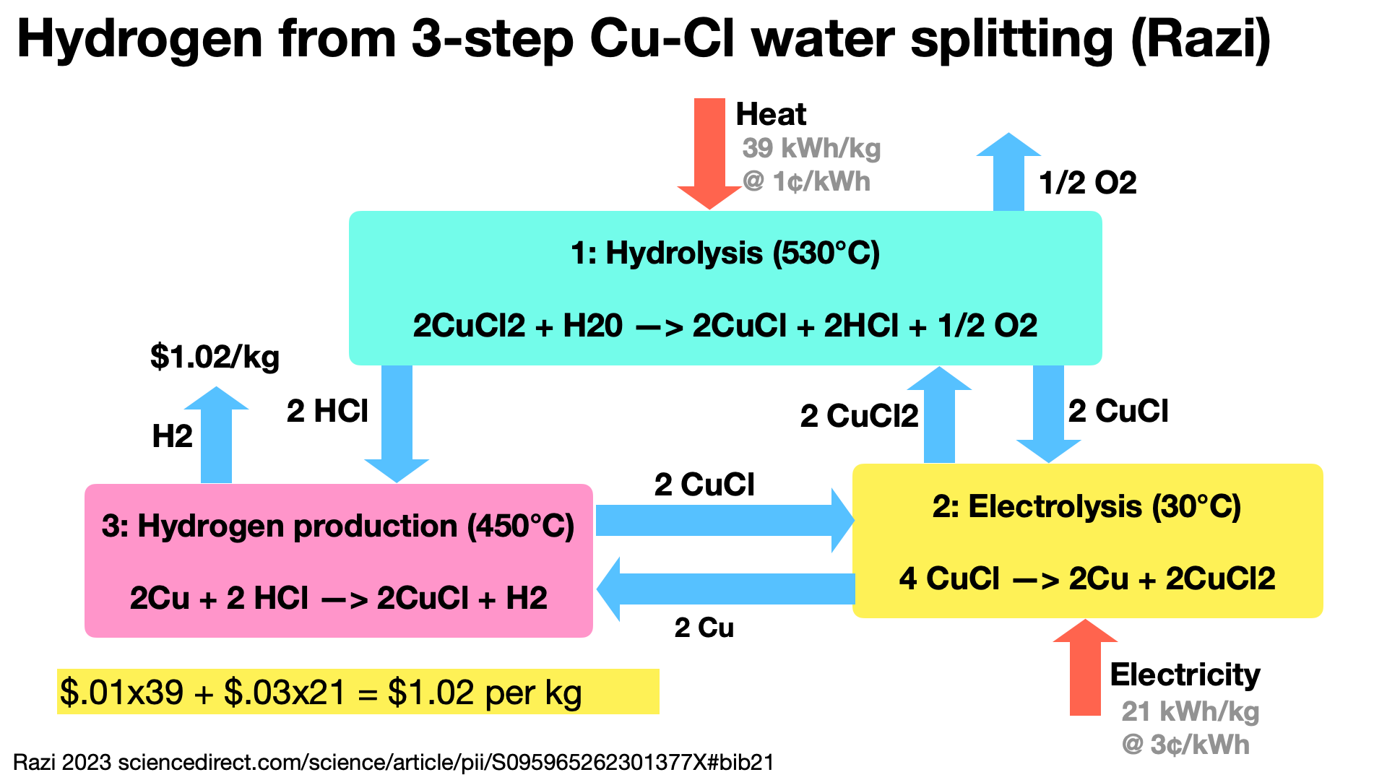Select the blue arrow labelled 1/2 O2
tap(1008, 173)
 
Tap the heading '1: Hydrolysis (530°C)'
tap(725, 253)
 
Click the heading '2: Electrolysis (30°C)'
tap(1086, 506)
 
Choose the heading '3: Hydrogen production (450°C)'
tap(338, 526)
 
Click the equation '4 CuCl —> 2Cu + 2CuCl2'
tap(1086, 578)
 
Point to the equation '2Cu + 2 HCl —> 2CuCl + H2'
tap(338, 598)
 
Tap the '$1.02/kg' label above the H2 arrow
tap(215, 357)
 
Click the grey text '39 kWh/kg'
tap(811, 148)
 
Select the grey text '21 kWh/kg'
tap(1190, 711)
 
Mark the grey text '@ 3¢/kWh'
tap(1185, 745)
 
